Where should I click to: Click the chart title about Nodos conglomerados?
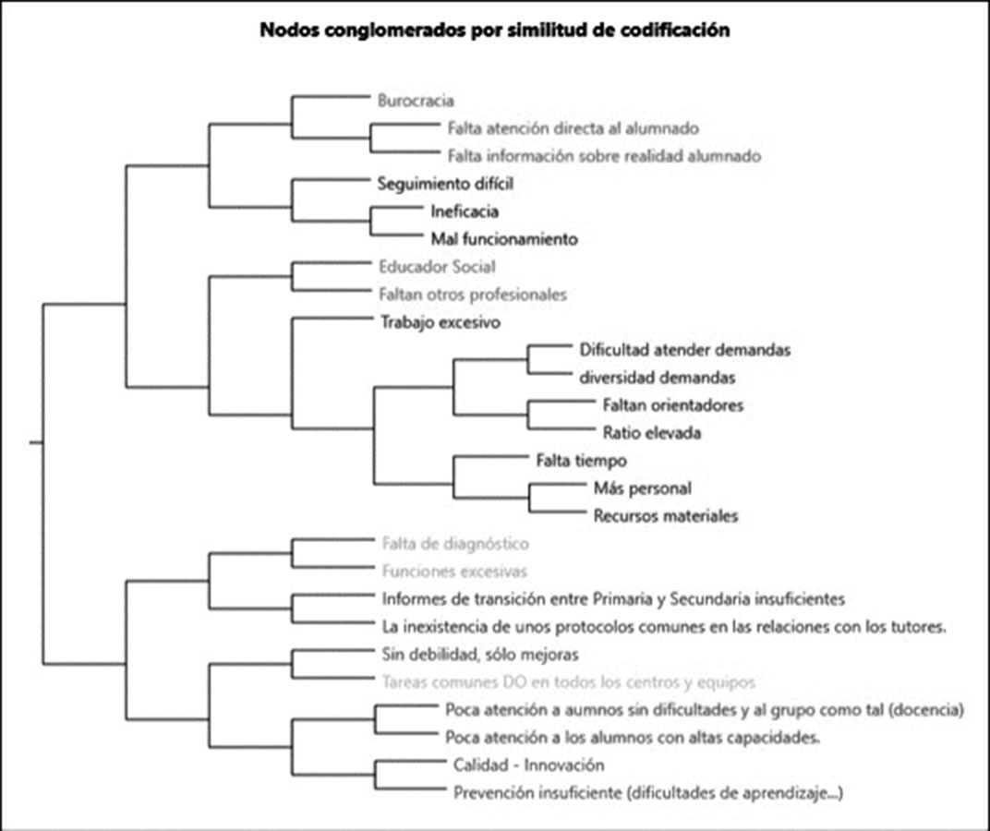point(495,30)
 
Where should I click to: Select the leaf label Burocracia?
point(416,101)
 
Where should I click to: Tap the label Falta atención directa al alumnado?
point(573,128)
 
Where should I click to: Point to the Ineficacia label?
point(465,211)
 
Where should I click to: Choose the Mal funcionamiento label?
point(504,239)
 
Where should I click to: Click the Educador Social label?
point(437,267)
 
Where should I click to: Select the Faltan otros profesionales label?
point(472,295)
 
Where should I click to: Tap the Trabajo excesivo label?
point(440,322)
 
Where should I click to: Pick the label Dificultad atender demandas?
point(685,350)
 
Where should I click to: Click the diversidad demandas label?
point(658,378)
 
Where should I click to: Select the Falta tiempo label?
point(582,460)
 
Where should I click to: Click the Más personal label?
point(642,488)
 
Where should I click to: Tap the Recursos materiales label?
point(665,515)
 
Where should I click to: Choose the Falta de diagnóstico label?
point(455,544)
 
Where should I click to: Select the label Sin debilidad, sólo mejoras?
point(479,655)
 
